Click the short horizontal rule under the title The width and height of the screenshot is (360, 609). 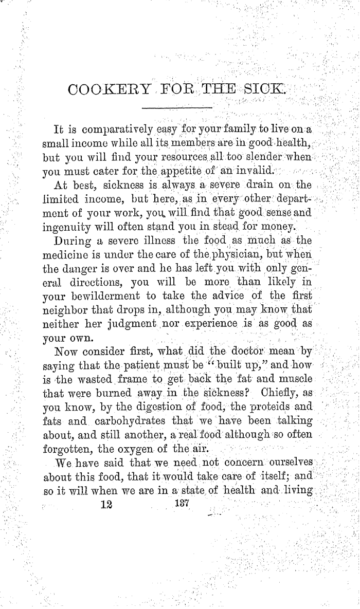click(x=177, y=107)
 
